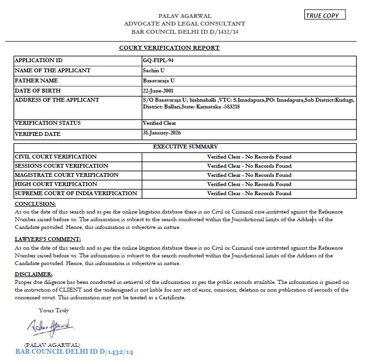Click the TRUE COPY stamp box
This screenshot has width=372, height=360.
[x=325, y=15]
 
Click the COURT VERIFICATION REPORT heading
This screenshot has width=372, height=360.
[x=169, y=48]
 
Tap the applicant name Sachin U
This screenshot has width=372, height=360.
[x=153, y=70]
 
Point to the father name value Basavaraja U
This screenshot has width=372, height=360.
[x=159, y=80]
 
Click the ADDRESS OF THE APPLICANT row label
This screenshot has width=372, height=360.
[x=57, y=100]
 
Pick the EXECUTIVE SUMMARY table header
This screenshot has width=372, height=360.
[x=185, y=147]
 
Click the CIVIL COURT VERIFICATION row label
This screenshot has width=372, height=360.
[x=56, y=157]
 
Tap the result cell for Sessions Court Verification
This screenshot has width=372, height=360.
[x=249, y=166]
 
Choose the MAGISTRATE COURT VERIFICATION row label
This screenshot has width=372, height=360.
[x=67, y=175]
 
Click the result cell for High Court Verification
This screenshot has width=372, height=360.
[x=249, y=184]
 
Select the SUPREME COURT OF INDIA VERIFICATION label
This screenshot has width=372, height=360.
[x=76, y=193]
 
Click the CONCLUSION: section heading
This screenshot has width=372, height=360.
[x=35, y=204]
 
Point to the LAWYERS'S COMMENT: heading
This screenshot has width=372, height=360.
[x=48, y=239]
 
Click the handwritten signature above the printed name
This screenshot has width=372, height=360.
[x=50, y=328]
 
